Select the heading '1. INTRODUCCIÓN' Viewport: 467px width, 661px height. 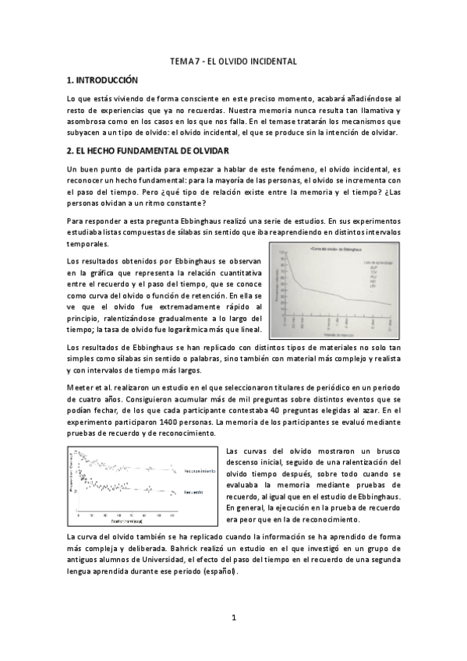tap(102, 80)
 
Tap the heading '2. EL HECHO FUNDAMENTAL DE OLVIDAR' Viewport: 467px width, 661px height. tap(147, 150)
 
